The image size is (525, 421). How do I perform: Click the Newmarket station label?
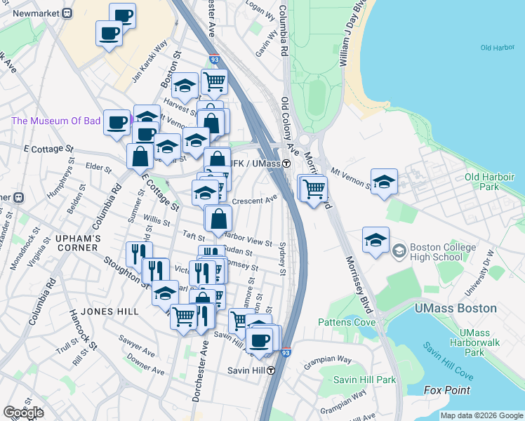point(36,13)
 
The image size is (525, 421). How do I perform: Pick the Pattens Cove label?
point(343,322)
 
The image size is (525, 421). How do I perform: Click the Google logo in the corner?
point(23,413)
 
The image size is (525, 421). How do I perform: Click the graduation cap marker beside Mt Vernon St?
point(384,182)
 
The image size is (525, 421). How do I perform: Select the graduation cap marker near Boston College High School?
point(376,240)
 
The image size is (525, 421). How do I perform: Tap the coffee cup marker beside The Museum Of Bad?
point(117,122)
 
